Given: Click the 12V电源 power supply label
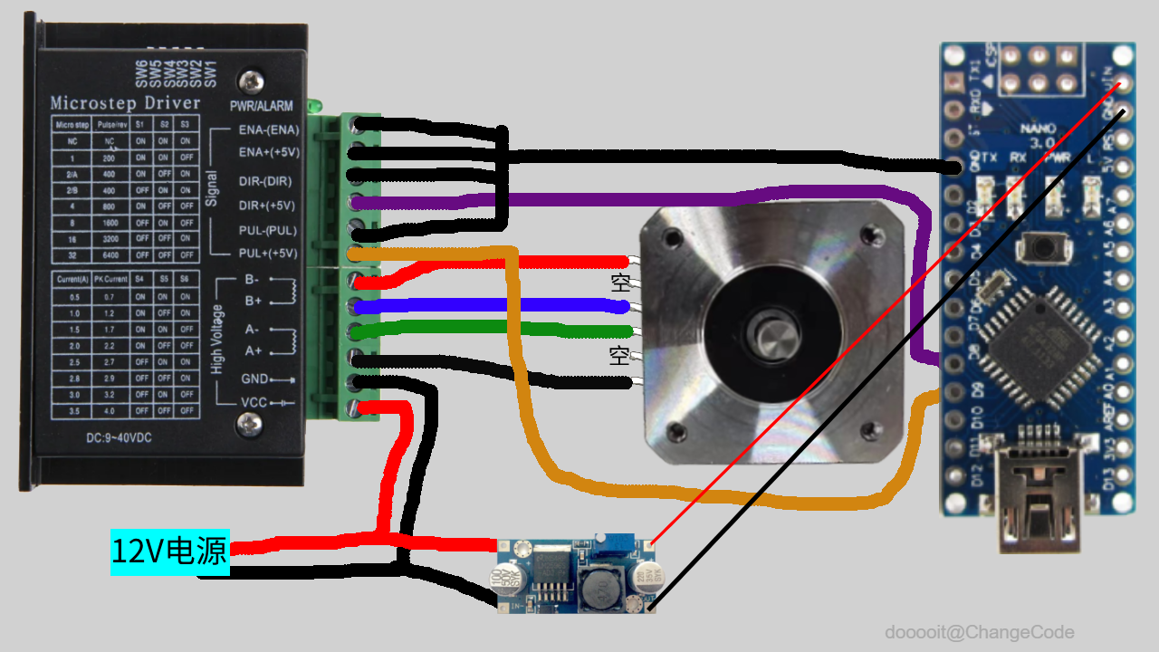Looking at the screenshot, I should click(169, 551).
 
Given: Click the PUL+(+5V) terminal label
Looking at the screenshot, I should click(267, 253).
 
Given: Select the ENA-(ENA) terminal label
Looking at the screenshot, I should click(268, 129).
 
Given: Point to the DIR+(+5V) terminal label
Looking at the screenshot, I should click(267, 205).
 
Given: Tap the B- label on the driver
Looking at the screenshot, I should click(252, 281).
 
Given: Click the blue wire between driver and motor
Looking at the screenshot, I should click(489, 305).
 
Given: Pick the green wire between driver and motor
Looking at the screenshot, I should click(489, 328).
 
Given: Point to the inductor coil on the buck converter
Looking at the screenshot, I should click(597, 589).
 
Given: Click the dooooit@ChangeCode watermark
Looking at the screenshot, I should click(980, 632).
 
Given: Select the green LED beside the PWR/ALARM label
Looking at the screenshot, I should click(315, 106).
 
